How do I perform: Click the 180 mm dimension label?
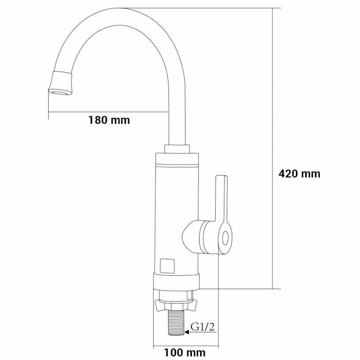[x=109, y=120]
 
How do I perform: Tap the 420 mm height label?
[x=299, y=174]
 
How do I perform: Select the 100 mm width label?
[x=185, y=352]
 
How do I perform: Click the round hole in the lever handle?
[x=225, y=238]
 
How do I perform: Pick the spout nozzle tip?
[x=61, y=83]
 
